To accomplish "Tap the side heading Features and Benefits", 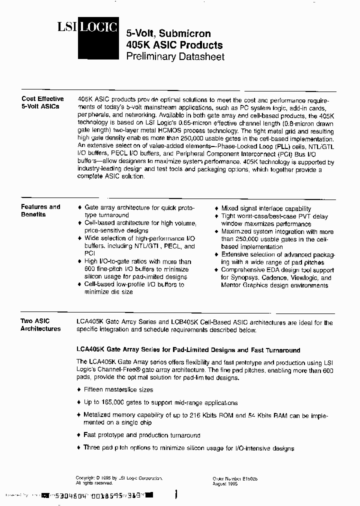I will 40,210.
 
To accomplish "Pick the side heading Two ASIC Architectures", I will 40,325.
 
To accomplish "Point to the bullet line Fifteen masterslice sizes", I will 118,389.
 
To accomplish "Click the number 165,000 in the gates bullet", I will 123,402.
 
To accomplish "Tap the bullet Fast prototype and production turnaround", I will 141,435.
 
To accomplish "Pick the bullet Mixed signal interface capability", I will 266,208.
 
